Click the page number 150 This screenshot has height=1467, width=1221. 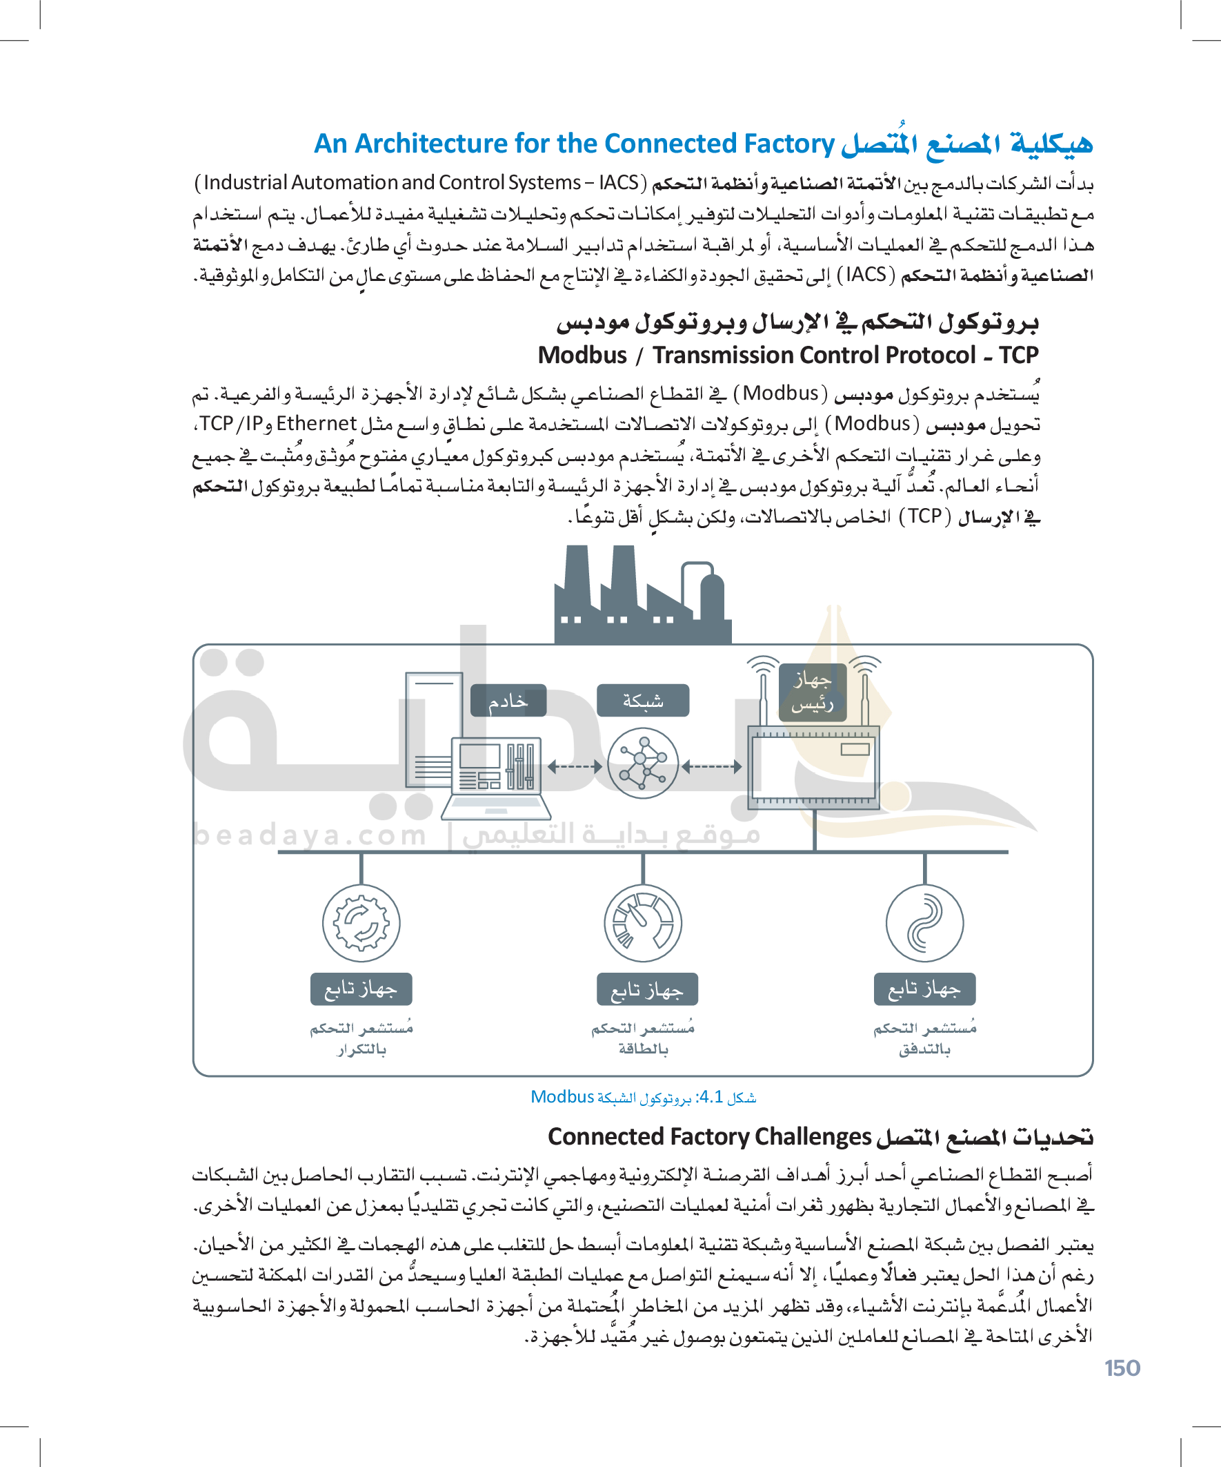tap(1122, 1368)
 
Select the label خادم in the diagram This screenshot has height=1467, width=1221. tap(508, 701)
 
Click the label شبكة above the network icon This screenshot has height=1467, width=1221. tap(643, 701)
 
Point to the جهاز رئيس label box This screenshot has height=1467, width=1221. tap(813, 692)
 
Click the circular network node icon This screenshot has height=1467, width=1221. tap(643, 763)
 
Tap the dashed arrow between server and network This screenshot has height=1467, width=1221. tap(575, 767)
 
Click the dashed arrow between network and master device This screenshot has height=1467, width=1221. tap(711, 767)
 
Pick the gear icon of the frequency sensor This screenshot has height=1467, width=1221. tap(361, 923)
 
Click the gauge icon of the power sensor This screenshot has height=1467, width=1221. tap(643, 923)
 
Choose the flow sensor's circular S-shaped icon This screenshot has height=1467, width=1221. tap(924, 923)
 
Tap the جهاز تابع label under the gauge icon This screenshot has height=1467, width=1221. tap(647, 989)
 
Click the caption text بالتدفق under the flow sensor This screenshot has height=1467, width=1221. tap(924, 1049)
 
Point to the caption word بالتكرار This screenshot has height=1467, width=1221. tap(361, 1049)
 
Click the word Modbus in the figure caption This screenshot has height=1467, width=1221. tap(562, 1097)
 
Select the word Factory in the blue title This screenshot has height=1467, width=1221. tap(790, 143)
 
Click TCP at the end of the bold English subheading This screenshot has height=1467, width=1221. tap(1019, 355)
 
